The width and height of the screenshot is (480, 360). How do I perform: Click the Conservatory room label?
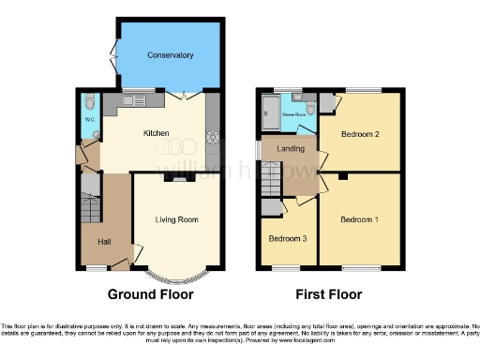click(170, 55)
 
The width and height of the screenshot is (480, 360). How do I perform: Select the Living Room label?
click(176, 220)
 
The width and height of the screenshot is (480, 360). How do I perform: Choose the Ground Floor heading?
click(150, 294)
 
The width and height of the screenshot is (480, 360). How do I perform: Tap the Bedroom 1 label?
click(359, 219)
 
